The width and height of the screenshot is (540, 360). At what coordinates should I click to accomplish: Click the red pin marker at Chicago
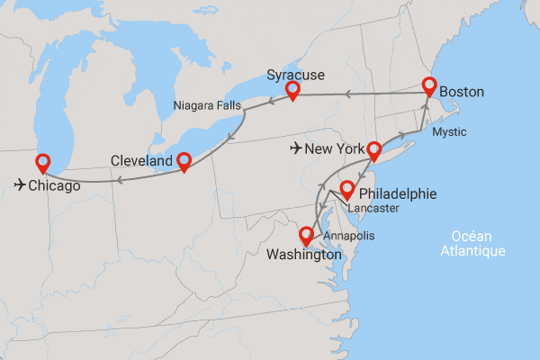[x=42, y=163]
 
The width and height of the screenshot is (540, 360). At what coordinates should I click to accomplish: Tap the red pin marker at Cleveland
[x=184, y=161]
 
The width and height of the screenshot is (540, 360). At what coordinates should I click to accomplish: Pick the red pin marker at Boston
[x=429, y=86]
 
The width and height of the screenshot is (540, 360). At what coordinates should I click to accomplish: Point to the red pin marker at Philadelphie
[x=346, y=190]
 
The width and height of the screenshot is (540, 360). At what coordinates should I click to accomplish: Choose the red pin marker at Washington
[x=307, y=236]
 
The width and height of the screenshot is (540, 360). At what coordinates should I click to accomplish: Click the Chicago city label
[x=54, y=186]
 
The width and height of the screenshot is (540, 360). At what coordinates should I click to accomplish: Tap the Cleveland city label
[x=141, y=161]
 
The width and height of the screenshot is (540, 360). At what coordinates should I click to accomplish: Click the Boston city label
[x=463, y=92]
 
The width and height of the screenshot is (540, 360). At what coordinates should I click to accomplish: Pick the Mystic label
[x=449, y=132]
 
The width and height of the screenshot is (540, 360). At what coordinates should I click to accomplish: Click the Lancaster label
[x=373, y=208]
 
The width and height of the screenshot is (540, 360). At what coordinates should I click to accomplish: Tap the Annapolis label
[x=347, y=236]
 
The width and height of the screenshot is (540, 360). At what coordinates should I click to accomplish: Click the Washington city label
[x=304, y=255]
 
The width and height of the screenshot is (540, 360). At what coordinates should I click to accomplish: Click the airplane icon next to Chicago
[x=21, y=185]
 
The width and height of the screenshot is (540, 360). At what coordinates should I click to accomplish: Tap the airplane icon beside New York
[x=299, y=148]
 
